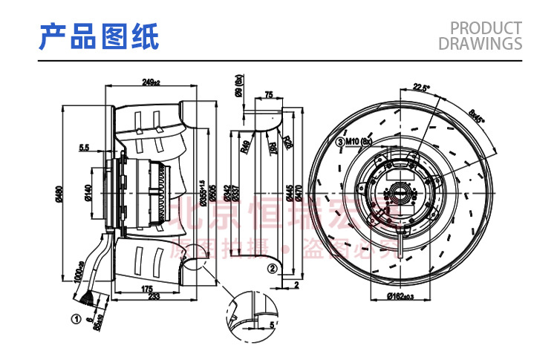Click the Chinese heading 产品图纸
coord(99,36)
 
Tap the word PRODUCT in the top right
coord(486,28)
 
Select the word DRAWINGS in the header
coord(480,44)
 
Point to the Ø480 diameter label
coord(58,194)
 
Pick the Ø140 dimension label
coord(88,194)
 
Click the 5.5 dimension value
coord(83,148)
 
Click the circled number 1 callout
coord(76,321)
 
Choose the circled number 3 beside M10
coord(341,141)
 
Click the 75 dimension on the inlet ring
coord(268,95)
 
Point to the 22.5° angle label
coord(422,88)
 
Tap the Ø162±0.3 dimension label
coord(402,296)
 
